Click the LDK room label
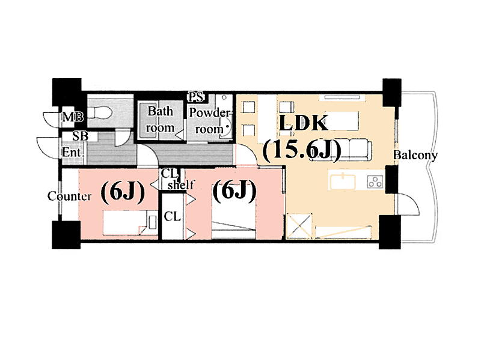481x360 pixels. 303,123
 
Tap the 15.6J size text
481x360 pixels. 302,151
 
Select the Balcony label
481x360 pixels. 415,155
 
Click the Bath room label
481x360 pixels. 160,119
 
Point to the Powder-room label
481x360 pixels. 210,121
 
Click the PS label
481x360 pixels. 195,98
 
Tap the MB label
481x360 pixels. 73,117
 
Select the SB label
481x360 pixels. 81,136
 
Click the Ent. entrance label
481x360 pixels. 73,153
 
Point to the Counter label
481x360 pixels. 69,197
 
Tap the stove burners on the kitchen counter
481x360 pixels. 375,181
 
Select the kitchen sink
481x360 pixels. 343,181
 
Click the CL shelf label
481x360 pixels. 177,180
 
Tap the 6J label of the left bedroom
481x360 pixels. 123,192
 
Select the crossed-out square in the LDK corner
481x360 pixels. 299,226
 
